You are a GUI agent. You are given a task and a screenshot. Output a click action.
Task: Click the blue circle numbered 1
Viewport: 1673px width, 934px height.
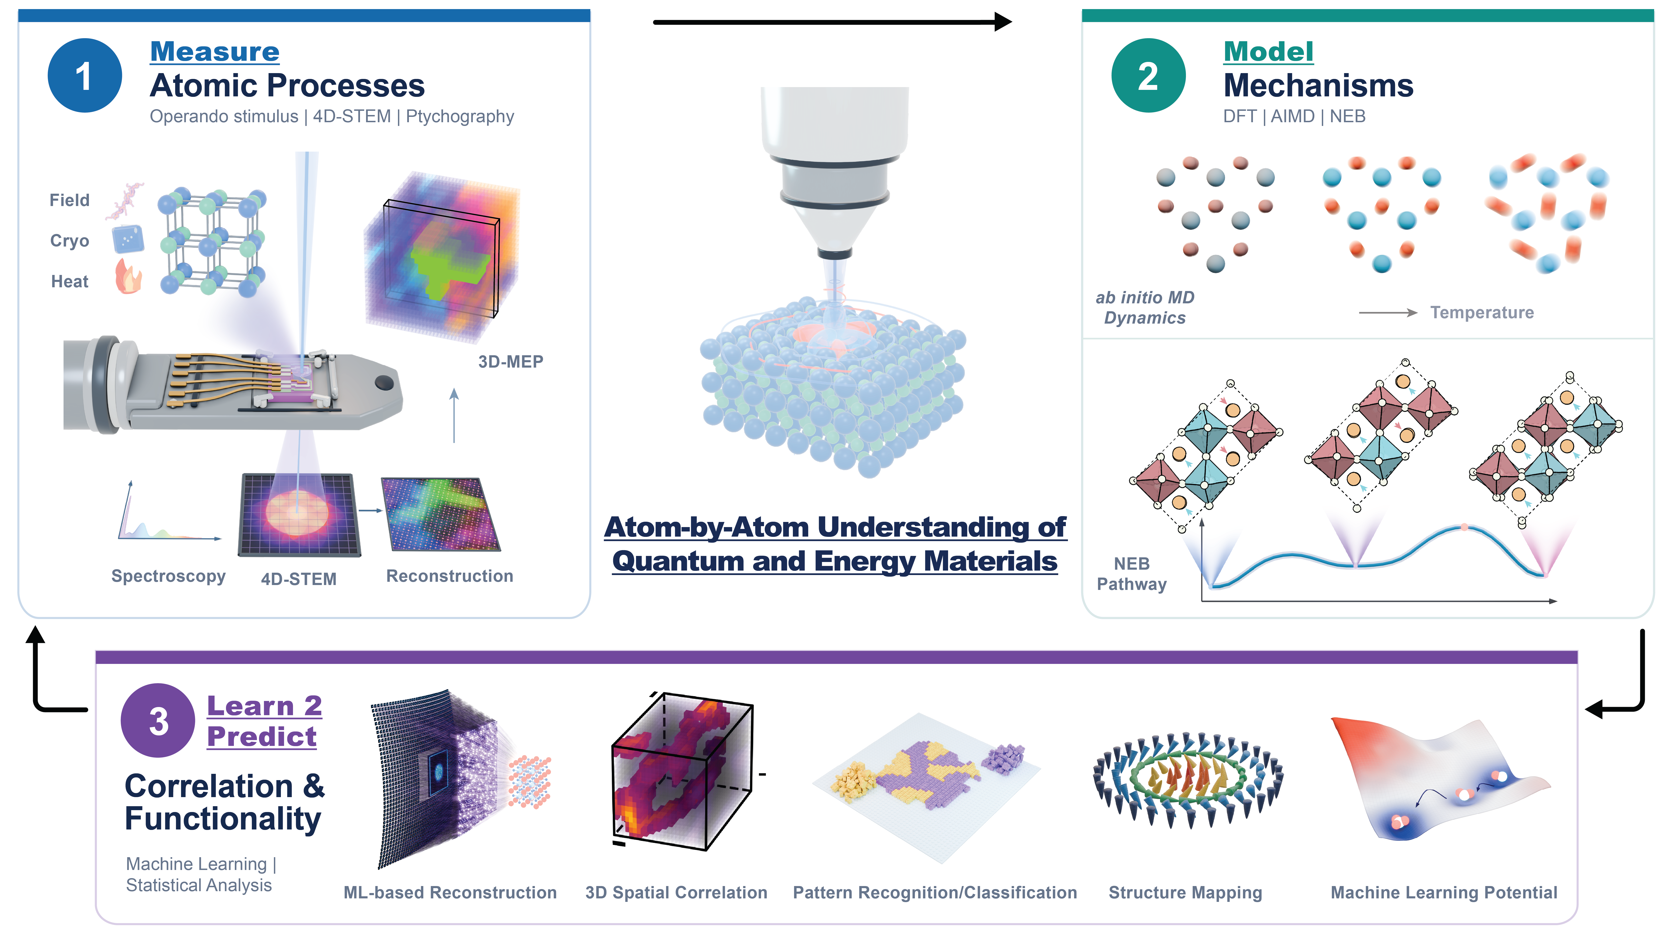click(x=84, y=75)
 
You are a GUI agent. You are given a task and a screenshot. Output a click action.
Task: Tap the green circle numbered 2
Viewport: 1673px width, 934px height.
click(x=1148, y=75)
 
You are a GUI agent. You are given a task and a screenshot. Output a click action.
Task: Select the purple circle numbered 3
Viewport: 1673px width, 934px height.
click(x=158, y=720)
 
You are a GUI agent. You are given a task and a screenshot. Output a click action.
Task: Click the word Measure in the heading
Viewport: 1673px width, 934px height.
click(x=215, y=51)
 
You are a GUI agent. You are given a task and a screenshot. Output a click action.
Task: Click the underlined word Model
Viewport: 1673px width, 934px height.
click(x=1268, y=51)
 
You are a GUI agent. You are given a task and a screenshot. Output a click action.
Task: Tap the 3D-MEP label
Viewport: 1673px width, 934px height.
click(x=511, y=362)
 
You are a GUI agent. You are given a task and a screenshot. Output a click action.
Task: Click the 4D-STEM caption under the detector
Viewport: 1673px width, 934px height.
click(x=299, y=579)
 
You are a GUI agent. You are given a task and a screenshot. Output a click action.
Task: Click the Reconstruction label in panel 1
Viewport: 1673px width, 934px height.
click(x=449, y=576)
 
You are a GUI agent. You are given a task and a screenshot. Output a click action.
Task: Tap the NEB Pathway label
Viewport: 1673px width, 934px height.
click(x=1132, y=574)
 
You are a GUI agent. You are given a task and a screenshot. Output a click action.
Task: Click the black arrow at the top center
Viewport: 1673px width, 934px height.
click(x=833, y=22)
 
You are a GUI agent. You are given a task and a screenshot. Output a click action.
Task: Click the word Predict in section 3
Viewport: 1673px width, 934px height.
click(x=262, y=737)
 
